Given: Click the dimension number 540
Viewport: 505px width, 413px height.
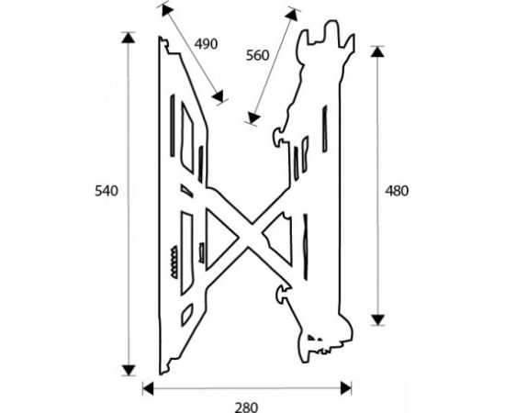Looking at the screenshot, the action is pyautogui.click(x=107, y=191).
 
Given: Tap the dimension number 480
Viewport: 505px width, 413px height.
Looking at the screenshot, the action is pyautogui.click(x=397, y=191).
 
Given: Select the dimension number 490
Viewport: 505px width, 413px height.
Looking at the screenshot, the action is pyautogui.click(x=206, y=44).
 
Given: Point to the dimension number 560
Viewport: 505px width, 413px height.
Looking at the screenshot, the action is pyautogui.click(x=257, y=56).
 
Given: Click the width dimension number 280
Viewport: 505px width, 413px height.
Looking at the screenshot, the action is pyautogui.click(x=246, y=407).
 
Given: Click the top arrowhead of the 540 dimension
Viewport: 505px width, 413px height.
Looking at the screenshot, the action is pyautogui.click(x=129, y=38).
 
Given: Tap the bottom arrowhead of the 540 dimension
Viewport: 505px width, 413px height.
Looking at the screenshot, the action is pyautogui.click(x=129, y=371).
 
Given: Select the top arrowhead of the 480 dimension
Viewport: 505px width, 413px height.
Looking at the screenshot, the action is pyautogui.click(x=377, y=51).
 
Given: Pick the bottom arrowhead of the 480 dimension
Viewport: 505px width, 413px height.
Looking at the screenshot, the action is pyautogui.click(x=377, y=320).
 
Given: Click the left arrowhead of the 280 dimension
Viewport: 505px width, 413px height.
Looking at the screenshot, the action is pyautogui.click(x=148, y=388).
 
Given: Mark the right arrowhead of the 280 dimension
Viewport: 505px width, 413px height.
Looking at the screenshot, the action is pyautogui.click(x=346, y=388).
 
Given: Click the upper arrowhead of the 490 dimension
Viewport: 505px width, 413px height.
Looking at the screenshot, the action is pyautogui.click(x=167, y=10).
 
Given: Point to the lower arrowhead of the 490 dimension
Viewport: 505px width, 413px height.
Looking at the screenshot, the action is pyautogui.click(x=219, y=96).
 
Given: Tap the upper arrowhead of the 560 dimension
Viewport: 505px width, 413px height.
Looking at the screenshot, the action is pyautogui.click(x=291, y=15).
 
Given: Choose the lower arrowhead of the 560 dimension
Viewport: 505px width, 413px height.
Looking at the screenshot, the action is pyautogui.click(x=253, y=117).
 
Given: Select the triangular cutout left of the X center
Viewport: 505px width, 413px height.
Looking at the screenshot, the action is pyautogui.click(x=221, y=240).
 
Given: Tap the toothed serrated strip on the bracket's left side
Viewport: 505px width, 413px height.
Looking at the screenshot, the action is pyautogui.click(x=174, y=262).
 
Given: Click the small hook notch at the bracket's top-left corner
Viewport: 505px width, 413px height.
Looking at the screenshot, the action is pyautogui.click(x=164, y=44).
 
